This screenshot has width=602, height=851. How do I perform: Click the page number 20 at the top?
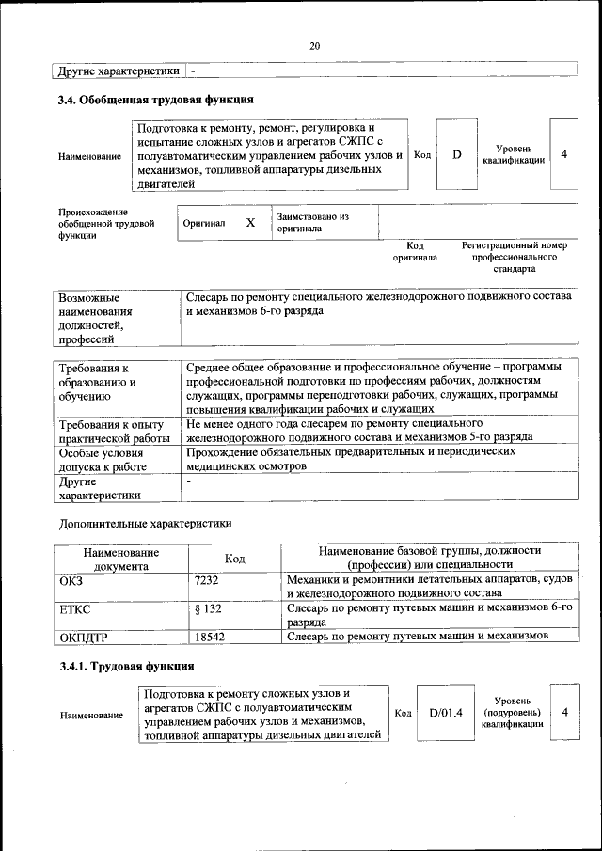pyautogui.click(x=314, y=46)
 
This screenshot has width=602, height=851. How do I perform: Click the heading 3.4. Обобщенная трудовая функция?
pyautogui.click(x=156, y=100)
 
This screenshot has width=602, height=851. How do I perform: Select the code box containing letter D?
pyautogui.click(x=457, y=154)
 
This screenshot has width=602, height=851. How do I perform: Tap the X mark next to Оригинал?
pyautogui.click(x=250, y=223)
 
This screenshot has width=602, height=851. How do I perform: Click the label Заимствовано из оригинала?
pyautogui.click(x=312, y=223)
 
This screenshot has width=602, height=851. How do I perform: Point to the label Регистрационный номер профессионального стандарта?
pyautogui.click(x=513, y=256)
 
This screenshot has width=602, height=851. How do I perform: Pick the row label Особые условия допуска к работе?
pyautogui.click(x=103, y=459)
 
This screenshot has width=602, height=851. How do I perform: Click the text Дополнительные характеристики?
pyautogui.click(x=145, y=523)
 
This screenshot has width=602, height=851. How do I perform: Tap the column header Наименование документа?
pyautogui.click(x=120, y=559)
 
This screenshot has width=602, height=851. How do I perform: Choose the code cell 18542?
pyautogui.click(x=210, y=638)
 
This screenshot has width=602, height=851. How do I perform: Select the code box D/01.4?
pyautogui.click(x=446, y=713)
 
